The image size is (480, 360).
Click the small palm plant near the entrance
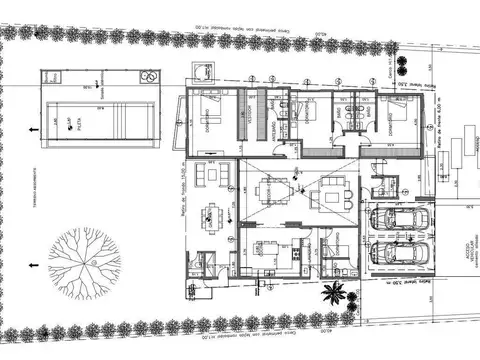tap(333, 294)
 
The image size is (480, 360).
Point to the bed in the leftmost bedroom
tap(213, 111)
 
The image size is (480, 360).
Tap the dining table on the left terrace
tap(212, 212)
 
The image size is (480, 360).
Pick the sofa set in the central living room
tap(330, 194)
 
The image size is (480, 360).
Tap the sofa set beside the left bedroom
tap(211, 173)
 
